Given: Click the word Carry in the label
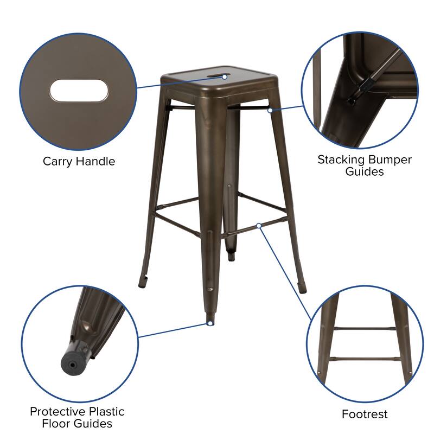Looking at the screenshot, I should click(x=58, y=161).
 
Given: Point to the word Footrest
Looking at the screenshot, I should click(x=365, y=414).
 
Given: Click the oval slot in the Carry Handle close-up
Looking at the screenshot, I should click(x=79, y=90).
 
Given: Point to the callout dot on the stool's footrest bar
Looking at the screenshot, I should click(x=259, y=225).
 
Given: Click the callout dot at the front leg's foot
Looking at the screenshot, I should click(x=209, y=323).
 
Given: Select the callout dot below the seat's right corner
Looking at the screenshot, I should click(x=270, y=110).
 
